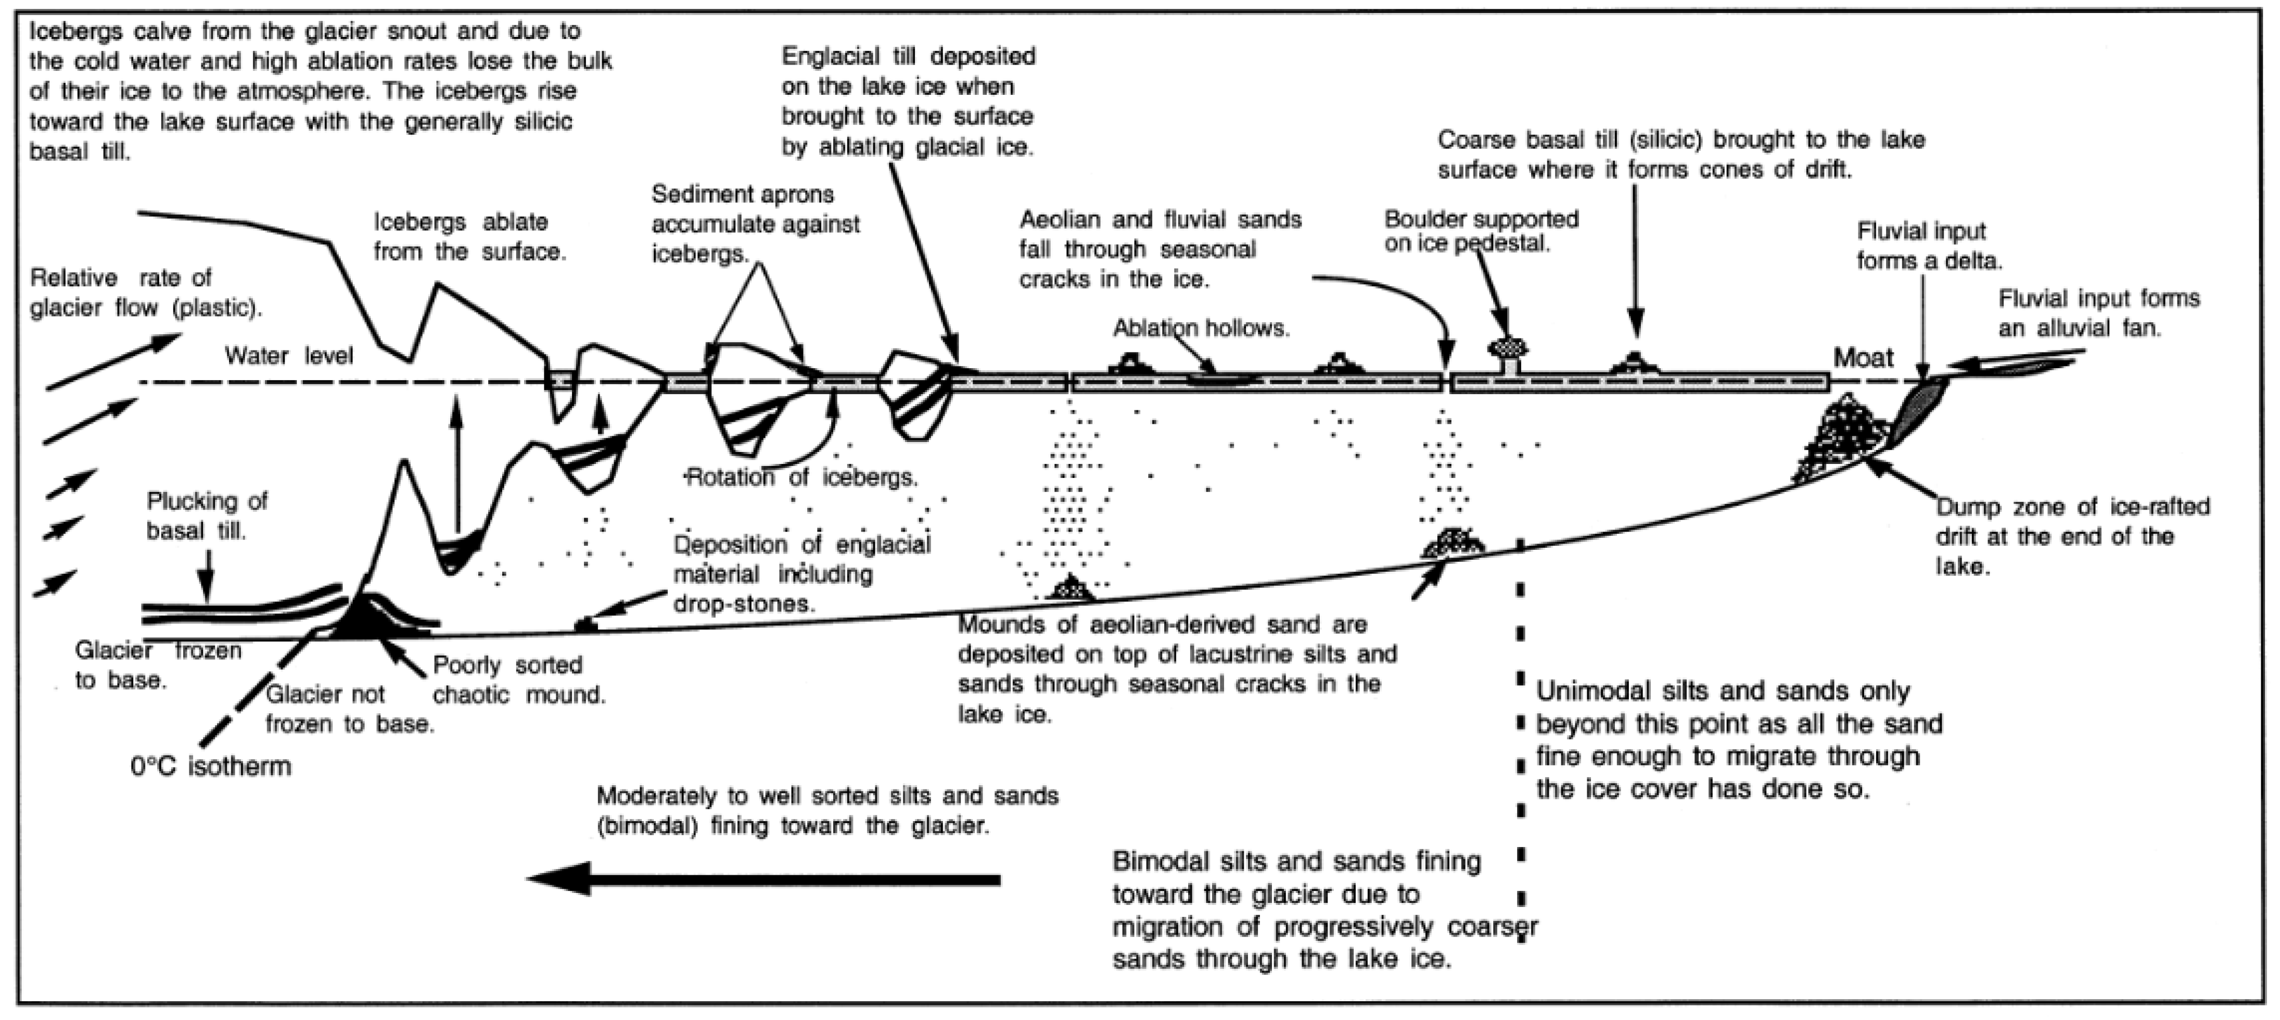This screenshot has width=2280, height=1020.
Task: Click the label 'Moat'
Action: coord(1863,358)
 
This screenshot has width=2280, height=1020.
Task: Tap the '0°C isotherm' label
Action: coord(211,766)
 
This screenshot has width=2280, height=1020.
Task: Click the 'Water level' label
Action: coord(288,356)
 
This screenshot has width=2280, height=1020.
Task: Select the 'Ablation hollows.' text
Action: coord(1201,329)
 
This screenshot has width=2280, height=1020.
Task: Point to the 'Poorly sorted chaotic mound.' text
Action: coord(519,680)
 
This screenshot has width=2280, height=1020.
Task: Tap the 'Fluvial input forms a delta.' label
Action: coord(1930,246)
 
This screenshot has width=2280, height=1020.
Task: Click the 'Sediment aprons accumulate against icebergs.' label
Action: coord(755,224)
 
